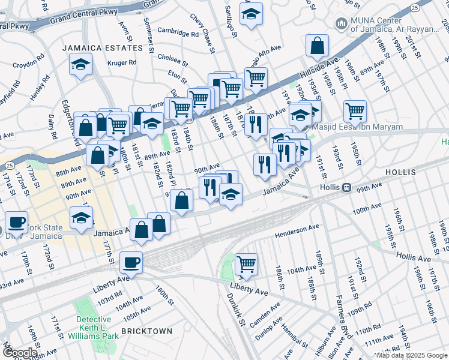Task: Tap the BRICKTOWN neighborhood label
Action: (x=146, y=331)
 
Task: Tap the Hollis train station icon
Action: (x=346, y=187)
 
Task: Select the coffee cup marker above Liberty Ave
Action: (x=131, y=262)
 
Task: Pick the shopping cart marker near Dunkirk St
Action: (x=246, y=262)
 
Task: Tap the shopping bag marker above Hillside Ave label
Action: (x=316, y=45)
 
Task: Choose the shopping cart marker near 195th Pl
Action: (x=355, y=110)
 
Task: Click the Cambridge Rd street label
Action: (x=178, y=32)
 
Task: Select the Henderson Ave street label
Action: (x=297, y=231)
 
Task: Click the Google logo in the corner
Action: (x=20, y=352)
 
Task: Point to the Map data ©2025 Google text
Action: (x=412, y=355)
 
